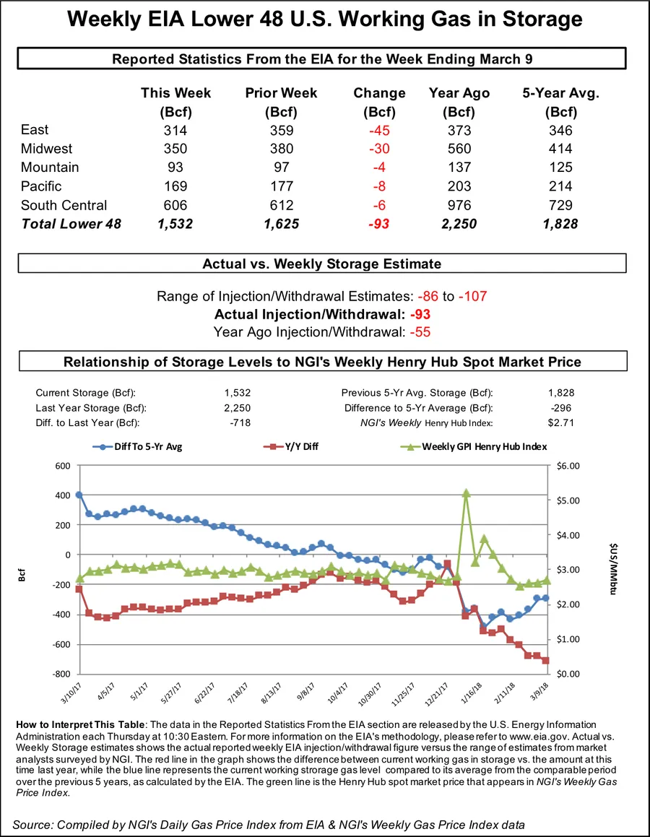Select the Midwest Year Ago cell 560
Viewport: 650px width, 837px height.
[459, 149]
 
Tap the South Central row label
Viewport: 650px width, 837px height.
[64, 205]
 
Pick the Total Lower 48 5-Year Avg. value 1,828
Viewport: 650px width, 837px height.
[559, 224]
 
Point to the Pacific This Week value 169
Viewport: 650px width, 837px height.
[175, 186]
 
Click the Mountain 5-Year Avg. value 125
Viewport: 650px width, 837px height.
[560, 168]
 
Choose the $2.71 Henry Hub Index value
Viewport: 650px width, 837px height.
[560, 422]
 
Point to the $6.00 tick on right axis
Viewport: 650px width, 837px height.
[570, 466]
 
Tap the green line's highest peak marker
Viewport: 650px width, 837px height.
[466, 493]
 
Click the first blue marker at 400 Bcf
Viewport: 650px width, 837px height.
[79, 495]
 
